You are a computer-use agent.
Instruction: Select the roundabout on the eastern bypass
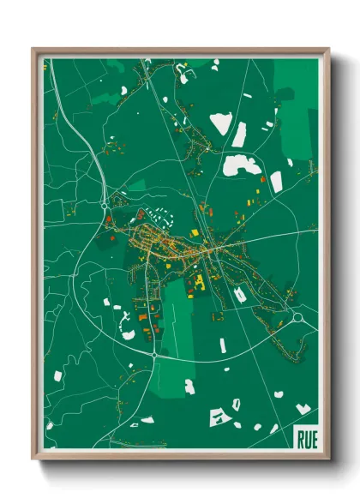tap(297, 318)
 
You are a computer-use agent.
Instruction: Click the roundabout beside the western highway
tap(105, 206)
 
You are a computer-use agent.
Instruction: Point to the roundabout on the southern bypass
tap(153, 353)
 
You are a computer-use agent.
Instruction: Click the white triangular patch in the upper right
tap(221, 123)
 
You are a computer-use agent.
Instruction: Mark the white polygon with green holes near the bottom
tap(221, 417)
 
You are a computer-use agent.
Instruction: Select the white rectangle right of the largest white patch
tap(276, 181)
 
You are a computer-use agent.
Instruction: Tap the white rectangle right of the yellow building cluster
tap(241, 294)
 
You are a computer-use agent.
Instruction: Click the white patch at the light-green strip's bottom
tap(189, 387)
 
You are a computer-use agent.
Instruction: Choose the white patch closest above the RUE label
tap(303, 408)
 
